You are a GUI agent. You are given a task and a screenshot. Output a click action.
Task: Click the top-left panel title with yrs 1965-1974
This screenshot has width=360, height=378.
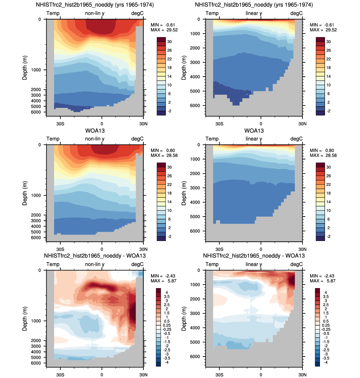[x=95, y=4]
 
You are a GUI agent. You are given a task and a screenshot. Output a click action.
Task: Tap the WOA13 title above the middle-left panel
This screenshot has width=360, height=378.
[x=95, y=131]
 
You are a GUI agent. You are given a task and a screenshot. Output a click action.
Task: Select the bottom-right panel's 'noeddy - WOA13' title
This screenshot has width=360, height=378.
[x=254, y=256]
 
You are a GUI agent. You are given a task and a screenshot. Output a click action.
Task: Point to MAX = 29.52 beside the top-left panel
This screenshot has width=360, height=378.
[x=164, y=30]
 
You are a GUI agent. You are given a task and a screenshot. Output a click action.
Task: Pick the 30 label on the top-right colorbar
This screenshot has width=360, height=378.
[x=328, y=41]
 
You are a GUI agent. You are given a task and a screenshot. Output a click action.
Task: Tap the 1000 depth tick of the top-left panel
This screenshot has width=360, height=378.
[x=36, y=70]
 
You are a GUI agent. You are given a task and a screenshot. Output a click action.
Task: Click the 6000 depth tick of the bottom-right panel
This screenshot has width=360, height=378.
[x=195, y=356]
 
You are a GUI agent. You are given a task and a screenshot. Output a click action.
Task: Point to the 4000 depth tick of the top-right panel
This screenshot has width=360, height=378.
[x=195, y=77]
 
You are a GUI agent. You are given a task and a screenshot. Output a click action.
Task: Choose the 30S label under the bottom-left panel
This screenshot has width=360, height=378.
[x=60, y=375]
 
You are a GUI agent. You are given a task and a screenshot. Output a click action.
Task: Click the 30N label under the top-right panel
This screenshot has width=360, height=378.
[x=302, y=124]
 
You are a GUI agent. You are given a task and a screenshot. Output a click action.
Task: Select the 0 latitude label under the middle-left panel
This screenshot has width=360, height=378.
[x=102, y=249]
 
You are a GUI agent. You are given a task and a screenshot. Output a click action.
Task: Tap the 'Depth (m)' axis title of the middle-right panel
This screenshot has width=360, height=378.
[x=184, y=193]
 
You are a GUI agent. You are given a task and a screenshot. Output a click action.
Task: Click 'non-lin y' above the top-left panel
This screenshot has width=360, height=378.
[x=95, y=13]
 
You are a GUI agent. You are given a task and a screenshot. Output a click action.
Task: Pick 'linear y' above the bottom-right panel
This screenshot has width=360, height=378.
[x=254, y=264]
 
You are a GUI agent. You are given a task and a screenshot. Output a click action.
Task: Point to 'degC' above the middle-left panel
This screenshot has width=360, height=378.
[x=137, y=139]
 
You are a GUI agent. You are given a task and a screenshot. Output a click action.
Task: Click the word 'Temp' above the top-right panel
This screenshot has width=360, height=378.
[x=212, y=13]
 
